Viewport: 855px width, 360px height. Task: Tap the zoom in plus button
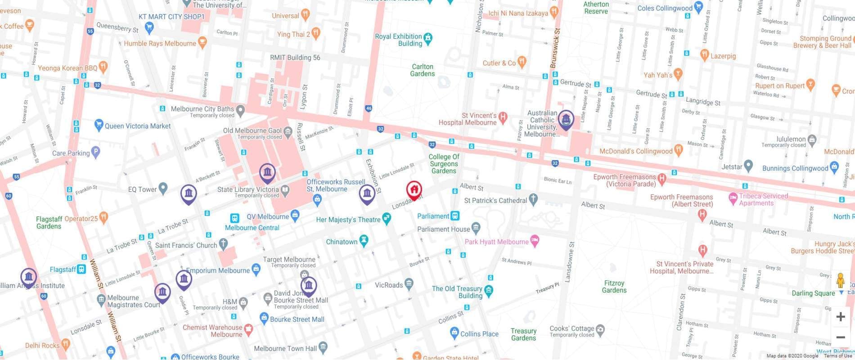coord(840,317)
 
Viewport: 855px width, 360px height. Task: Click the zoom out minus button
coord(840,337)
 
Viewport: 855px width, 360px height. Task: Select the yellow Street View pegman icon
coord(840,281)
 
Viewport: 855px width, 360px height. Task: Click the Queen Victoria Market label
coord(137,126)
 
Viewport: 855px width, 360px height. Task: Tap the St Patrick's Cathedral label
coord(495,200)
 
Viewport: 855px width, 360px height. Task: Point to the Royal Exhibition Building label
coord(398,40)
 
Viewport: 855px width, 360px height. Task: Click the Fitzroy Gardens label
coord(614,287)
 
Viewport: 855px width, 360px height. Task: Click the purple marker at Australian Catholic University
coord(566,120)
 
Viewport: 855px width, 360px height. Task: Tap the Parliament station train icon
coord(455,216)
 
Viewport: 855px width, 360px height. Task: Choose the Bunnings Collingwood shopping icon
coord(834,166)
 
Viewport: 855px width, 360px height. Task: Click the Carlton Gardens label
coord(423,70)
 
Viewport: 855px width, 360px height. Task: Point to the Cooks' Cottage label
coord(571,328)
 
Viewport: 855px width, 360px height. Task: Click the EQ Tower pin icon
coord(163,188)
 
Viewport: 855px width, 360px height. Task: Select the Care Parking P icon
coord(95,152)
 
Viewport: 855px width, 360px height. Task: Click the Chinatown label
coord(342,242)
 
